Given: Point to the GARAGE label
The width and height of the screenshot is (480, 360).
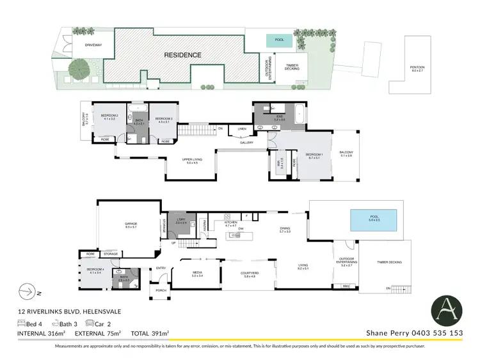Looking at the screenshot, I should coord(131,224).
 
